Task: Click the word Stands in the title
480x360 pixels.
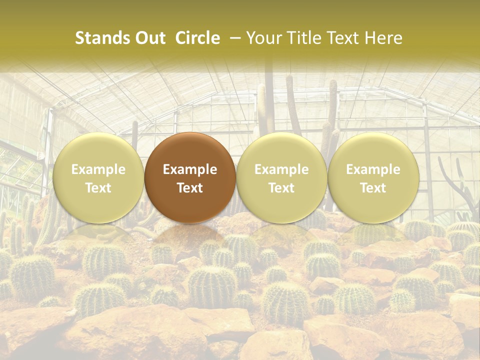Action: pos(102,38)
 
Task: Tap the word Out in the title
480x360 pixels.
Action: pos(149,38)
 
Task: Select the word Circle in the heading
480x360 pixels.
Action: pos(198,38)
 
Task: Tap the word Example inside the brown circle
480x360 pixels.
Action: pos(190,169)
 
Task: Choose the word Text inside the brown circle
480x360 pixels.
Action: pos(190,188)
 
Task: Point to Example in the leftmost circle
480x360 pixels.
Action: pos(98,169)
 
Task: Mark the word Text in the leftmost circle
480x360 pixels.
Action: pos(98,188)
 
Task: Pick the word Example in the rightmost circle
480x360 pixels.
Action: pos(373,169)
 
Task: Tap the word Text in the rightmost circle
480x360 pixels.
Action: pos(373,188)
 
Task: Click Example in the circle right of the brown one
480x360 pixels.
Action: pos(281,169)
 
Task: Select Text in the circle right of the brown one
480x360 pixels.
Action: pos(281,188)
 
